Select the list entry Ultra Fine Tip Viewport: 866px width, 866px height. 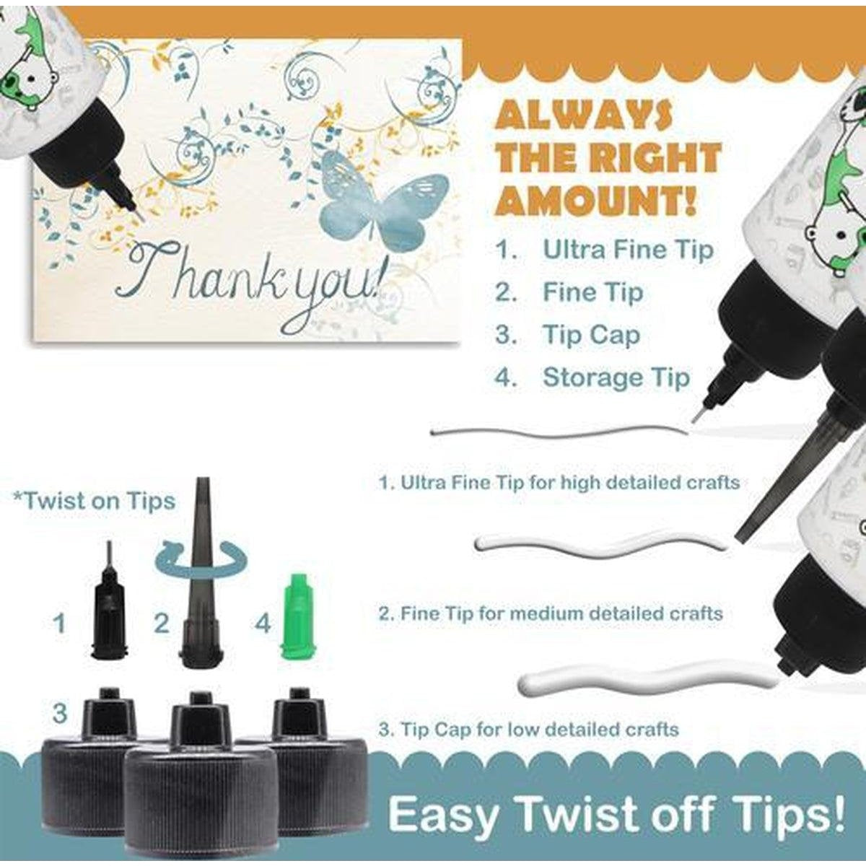605,250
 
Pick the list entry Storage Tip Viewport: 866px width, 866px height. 592,377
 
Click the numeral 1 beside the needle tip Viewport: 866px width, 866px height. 59,624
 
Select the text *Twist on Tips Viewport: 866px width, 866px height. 94,501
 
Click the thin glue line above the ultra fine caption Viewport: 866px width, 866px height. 559,435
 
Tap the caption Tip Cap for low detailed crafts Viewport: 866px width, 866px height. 528,729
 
